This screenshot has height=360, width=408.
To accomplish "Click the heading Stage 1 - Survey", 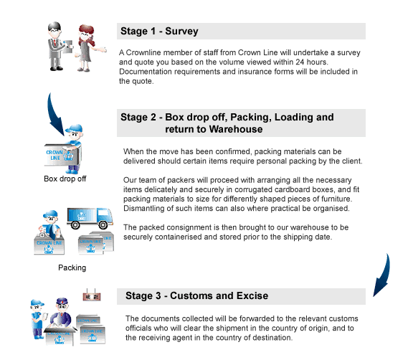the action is (159, 32).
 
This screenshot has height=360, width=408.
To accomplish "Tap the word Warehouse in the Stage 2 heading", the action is (236, 129).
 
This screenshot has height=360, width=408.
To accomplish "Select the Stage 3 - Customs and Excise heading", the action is (196, 295).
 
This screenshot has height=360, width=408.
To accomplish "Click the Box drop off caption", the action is (65, 179).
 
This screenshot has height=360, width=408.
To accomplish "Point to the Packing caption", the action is (72, 267).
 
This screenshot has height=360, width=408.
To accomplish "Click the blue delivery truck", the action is (90, 218).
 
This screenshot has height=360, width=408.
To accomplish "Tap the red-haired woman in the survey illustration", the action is (88, 48).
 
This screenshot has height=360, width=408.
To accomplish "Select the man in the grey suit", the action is (56, 47).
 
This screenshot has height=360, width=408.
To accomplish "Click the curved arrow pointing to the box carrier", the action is (54, 115).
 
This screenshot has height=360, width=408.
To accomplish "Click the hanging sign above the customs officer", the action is (92, 296).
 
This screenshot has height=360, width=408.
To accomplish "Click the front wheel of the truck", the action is (103, 224).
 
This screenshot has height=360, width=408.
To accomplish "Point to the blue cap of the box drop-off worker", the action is (74, 128).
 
